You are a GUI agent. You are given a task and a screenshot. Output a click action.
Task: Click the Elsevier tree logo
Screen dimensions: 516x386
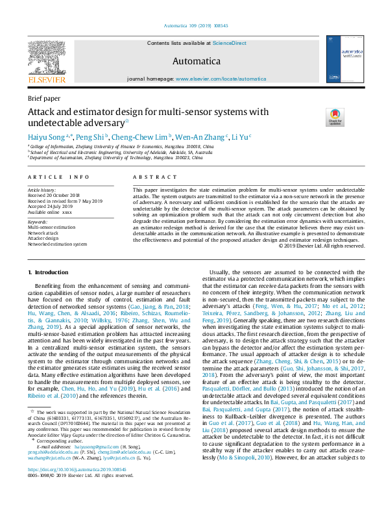pyautogui.click(x=46, y=58)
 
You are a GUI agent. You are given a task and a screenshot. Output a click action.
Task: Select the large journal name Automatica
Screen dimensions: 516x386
pyautogui.click(x=193, y=61)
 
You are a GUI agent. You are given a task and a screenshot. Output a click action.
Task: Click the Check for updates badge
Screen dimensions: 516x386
pyautogui.click(x=335, y=117)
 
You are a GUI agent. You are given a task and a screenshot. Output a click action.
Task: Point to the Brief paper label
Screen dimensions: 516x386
pyautogui.click(x=43, y=98)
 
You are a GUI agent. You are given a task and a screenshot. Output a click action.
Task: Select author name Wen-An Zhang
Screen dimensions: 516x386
pyautogui.click(x=200, y=137)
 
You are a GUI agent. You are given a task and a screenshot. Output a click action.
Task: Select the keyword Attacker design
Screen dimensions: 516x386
pyautogui.click(x=43, y=239)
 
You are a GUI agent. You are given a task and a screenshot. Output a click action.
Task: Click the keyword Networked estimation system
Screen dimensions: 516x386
pyautogui.click(x=57, y=244)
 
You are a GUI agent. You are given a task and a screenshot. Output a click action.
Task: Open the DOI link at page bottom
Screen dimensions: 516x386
pyautogui.click(x=73, y=487)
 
